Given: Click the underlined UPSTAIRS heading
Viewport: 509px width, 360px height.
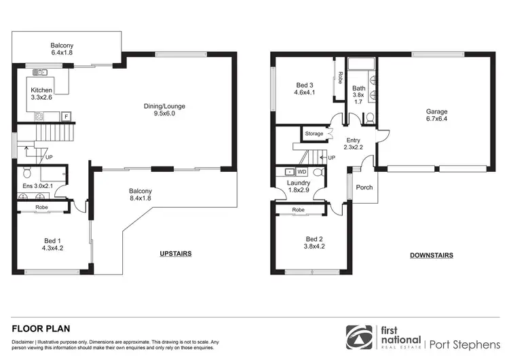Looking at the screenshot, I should click(176, 253).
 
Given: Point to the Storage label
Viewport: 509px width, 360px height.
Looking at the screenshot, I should click(314, 134).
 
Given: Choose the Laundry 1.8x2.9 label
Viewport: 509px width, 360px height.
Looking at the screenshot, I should click(299, 186).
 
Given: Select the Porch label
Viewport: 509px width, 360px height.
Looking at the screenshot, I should click(364, 187).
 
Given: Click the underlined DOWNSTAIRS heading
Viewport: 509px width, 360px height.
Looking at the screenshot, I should click(432, 255).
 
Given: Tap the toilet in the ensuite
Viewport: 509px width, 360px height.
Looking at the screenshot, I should click(27, 171).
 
